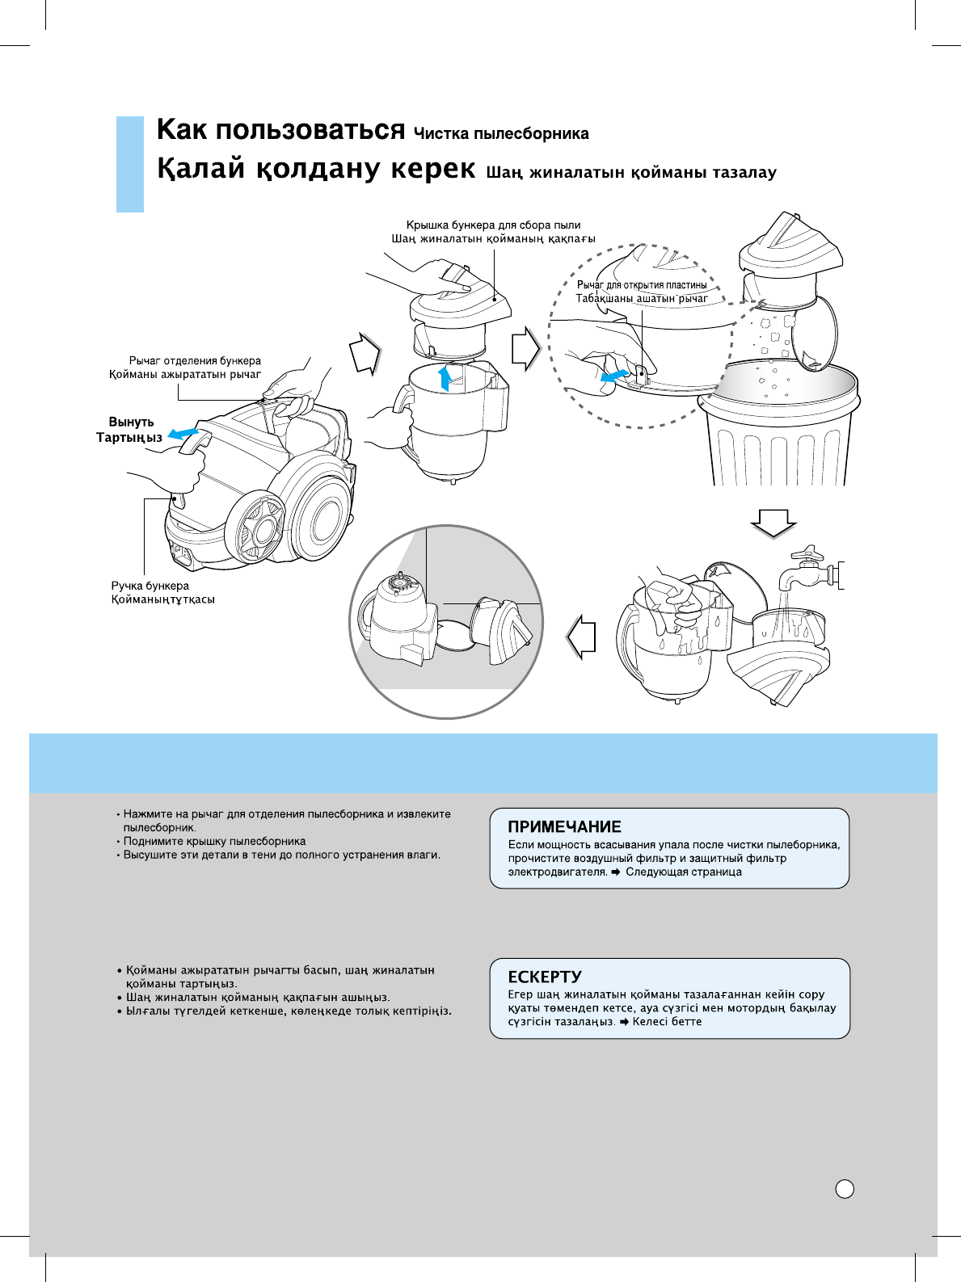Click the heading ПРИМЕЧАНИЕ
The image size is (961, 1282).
click(564, 826)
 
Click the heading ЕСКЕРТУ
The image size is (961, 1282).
click(544, 977)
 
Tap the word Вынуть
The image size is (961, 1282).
click(131, 422)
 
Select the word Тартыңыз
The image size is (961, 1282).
click(129, 437)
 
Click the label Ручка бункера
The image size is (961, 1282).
click(150, 586)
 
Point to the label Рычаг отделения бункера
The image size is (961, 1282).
click(195, 361)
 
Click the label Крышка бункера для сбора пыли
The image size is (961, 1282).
click(493, 225)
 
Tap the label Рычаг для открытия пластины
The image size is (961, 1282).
click(642, 284)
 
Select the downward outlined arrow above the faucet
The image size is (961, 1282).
click(773, 524)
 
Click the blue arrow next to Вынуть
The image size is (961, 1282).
click(182, 432)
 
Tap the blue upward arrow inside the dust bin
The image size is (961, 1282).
click(443, 377)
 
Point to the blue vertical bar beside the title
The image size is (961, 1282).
click(129, 164)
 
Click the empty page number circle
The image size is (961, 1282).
click(845, 1188)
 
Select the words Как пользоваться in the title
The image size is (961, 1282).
click(280, 129)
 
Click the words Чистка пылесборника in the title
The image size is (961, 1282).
click(501, 133)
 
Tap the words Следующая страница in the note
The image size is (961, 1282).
click(683, 872)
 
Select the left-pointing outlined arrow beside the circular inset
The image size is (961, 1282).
click(582, 637)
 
